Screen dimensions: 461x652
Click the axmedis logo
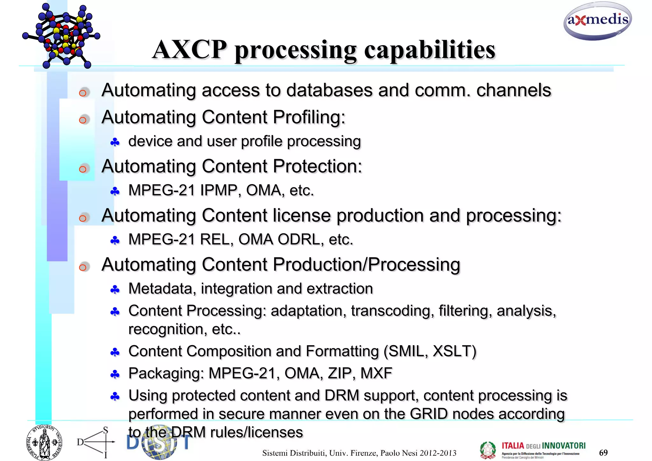(598, 21)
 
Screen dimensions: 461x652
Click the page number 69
(603, 452)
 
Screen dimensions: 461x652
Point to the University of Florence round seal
(44, 443)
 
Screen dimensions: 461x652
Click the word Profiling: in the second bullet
(309, 117)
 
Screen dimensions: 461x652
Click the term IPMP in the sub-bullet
(219, 190)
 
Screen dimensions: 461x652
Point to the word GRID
(429, 414)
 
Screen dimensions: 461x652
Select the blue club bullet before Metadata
(115, 289)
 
